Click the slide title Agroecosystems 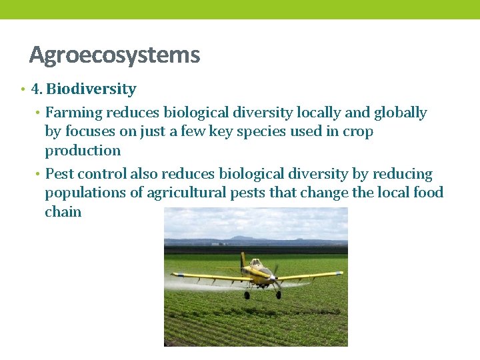tap(114, 55)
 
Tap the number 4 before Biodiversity tap(36, 89)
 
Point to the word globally tap(400, 113)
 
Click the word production tap(83, 151)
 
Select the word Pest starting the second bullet tap(59, 175)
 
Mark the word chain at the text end tap(63, 212)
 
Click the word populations tap(85, 193)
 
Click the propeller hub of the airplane tap(275, 273)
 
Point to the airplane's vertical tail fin tap(243, 259)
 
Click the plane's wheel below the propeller tap(278, 294)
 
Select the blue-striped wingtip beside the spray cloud tap(175, 274)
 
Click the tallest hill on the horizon tap(241, 237)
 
